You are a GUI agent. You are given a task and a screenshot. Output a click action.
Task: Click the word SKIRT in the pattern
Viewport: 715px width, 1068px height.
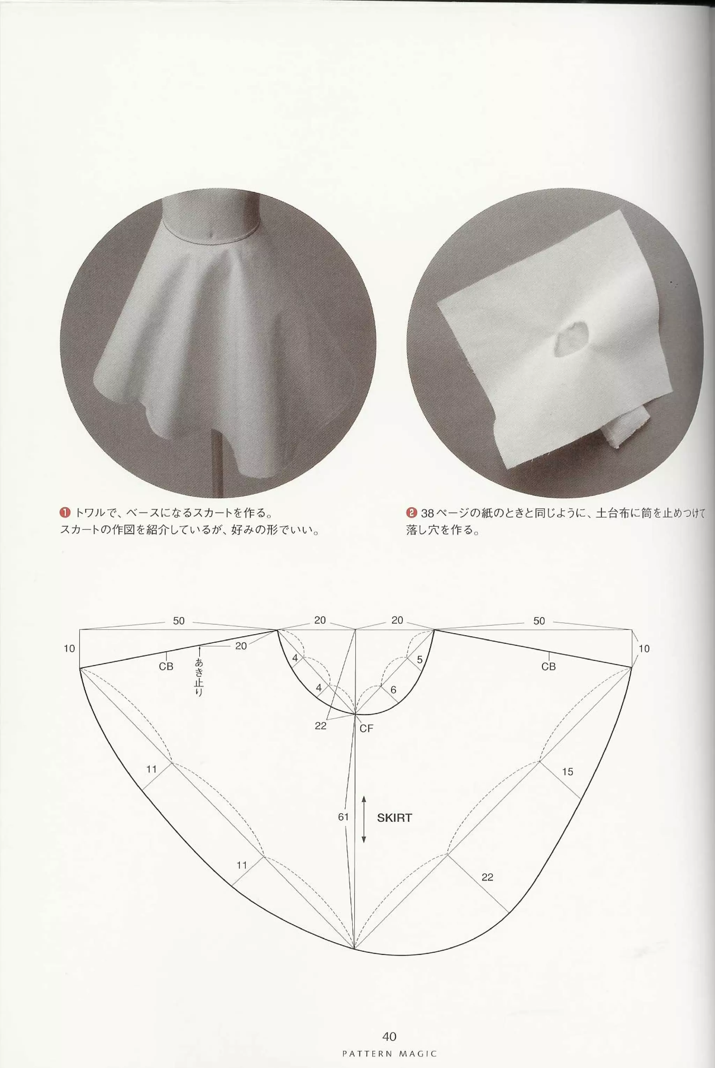click(x=394, y=818)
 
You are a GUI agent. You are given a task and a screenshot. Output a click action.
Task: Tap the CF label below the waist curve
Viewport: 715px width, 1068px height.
click(x=366, y=728)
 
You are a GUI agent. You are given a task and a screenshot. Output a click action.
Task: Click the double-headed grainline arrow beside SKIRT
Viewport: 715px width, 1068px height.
click(x=364, y=819)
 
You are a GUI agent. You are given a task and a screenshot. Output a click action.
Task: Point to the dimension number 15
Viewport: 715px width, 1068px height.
click(x=567, y=771)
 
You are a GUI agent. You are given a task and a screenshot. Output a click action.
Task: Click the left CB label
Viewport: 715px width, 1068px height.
click(x=166, y=666)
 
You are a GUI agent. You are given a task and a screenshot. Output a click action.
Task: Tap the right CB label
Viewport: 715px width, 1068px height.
click(x=548, y=666)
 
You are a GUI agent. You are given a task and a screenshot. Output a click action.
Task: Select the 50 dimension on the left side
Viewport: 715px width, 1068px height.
click(x=179, y=621)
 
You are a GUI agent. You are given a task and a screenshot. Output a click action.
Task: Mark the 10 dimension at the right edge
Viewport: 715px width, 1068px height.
click(x=644, y=649)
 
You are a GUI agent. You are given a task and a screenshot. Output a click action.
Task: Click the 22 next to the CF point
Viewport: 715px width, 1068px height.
click(x=320, y=725)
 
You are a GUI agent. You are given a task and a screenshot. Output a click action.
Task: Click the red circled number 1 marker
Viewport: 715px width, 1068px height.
click(x=65, y=513)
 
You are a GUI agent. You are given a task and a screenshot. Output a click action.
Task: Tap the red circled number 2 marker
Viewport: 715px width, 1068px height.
click(x=411, y=513)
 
